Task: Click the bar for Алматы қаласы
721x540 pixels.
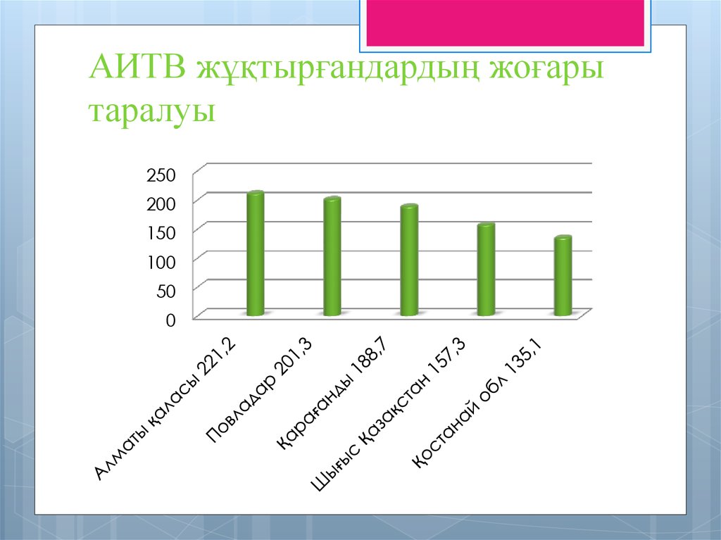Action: pyautogui.click(x=255, y=253)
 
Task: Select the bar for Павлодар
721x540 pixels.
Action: pyautogui.click(x=332, y=256)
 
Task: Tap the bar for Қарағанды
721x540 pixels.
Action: pyautogui.click(x=409, y=260)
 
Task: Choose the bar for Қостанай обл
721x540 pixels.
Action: pyautogui.click(x=563, y=276)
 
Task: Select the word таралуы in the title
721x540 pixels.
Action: pyautogui.click(x=151, y=111)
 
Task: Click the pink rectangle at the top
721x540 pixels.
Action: pyautogui.click(x=504, y=22)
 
